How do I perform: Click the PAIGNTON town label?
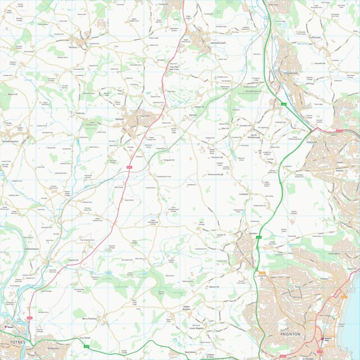[290, 334]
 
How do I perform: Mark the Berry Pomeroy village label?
[90, 318]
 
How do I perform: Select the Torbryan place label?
[80, 113]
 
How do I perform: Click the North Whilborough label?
[256, 137]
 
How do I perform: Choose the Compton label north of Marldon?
[244, 194]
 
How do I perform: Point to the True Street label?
[84, 338]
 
